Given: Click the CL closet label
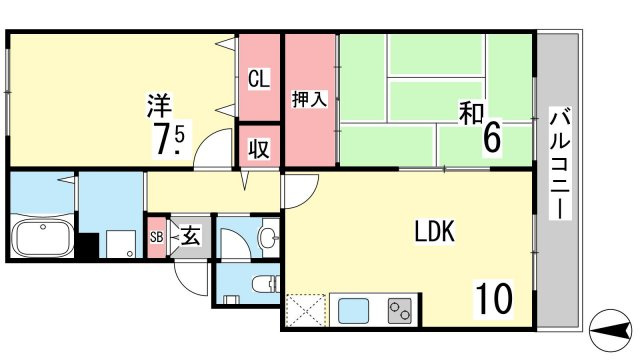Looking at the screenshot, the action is click(259, 79).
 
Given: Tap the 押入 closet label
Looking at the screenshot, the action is click(309, 100).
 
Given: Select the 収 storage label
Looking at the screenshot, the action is click(259, 149).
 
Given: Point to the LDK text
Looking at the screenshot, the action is click(435, 231).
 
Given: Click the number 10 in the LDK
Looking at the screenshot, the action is click(493, 299).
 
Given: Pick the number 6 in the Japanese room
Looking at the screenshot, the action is click(492, 138).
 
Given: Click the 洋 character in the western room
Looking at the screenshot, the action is click(160, 105).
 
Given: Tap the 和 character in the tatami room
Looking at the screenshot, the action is click(471, 113).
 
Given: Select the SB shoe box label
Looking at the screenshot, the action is click(157, 237).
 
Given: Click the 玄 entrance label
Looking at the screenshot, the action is click(190, 236).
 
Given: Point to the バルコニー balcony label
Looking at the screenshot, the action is click(560, 163).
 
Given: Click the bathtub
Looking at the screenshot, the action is click(42, 239).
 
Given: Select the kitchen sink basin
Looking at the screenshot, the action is click(353, 311).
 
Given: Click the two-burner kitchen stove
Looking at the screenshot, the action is click(400, 311).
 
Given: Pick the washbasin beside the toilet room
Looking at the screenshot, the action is click(269, 237).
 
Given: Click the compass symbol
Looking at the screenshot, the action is click(610, 331).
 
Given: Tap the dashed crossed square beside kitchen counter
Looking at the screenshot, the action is click(306, 310).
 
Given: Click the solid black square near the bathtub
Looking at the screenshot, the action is click(89, 245).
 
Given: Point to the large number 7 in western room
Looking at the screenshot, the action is click(161, 140).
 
